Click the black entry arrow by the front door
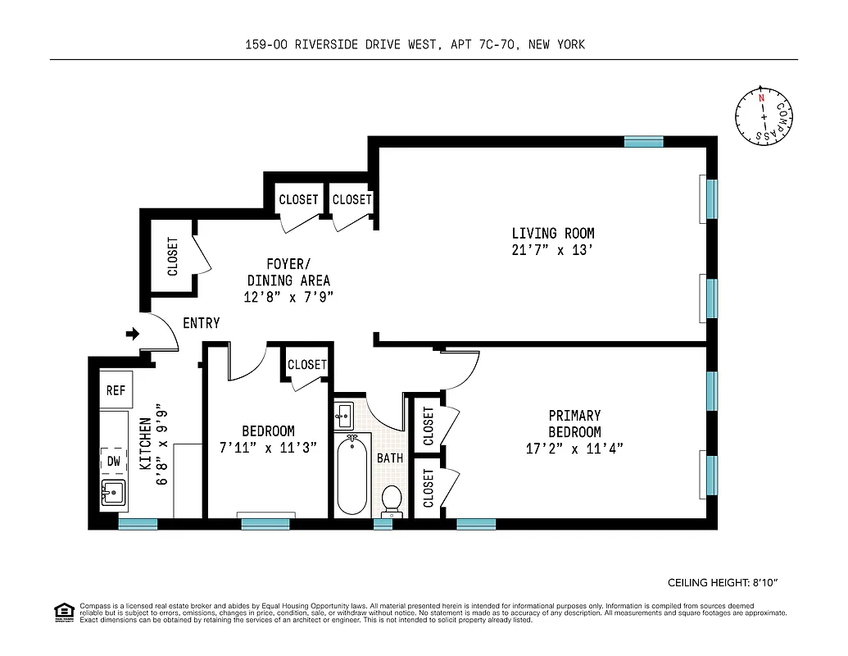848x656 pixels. [132, 334]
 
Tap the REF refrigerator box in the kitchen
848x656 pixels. [116, 390]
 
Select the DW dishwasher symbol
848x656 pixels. [114, 462]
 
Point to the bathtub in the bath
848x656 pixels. [352, 475]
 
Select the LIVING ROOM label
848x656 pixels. [553, 234]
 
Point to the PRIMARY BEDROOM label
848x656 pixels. [574, 424]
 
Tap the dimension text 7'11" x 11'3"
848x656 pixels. [268, 448]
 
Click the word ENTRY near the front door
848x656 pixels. [201, 323]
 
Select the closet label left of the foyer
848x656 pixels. [173, 257]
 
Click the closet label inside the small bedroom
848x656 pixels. [307, 365]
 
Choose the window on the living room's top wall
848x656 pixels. [643, 142]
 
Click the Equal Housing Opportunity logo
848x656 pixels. [62, 611]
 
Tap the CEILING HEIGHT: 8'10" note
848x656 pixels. [723, 583]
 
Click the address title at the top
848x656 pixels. [415, 45]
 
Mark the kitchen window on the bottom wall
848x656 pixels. [138, 524]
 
